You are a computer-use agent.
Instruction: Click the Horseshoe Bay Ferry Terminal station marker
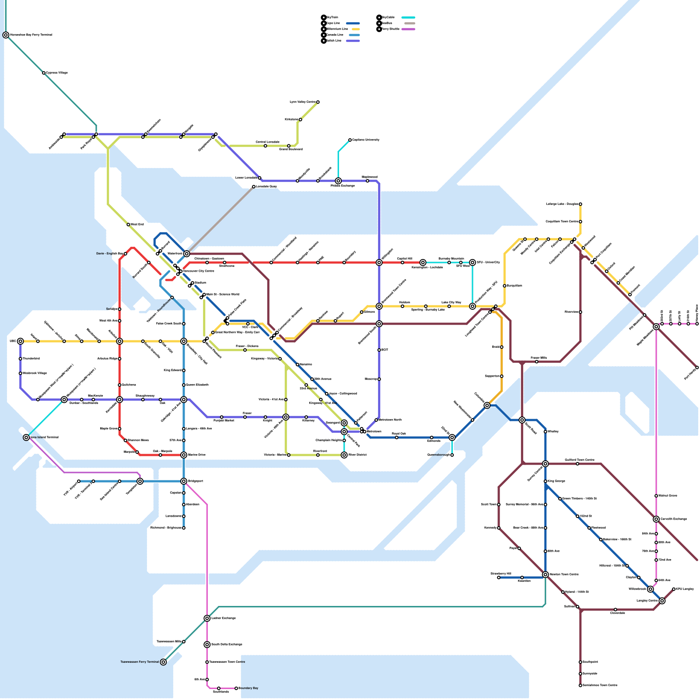(x=6, y=35)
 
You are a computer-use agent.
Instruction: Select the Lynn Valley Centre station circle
(x=318, y=102)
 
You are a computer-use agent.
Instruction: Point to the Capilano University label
(x=366, y=140)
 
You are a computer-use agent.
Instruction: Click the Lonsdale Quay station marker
(x=254, y=187)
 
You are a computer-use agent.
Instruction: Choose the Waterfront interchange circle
(x=187, y=254)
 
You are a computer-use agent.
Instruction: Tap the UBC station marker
(x=20, y=341)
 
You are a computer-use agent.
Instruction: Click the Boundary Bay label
(x=248, y=688)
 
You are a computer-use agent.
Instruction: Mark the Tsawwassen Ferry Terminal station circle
(x=163, y=662)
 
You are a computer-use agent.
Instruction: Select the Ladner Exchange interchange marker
(x=207, y=618)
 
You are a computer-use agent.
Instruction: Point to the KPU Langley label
(x=685, y=589)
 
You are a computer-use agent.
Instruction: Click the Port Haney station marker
(x=697, y=367)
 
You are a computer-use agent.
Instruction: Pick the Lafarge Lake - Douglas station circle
(x=581, y=204)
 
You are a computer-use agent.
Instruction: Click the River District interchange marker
(x=344, y=455)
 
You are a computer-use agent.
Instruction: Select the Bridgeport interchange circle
(x=184, y=481)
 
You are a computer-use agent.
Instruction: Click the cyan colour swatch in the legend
(x=408, y=18)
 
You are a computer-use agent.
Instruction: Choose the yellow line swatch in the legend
(x=355, y=29)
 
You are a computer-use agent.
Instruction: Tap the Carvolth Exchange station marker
(x=656, y=519)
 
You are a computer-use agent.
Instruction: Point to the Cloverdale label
(x=618, y=613)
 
